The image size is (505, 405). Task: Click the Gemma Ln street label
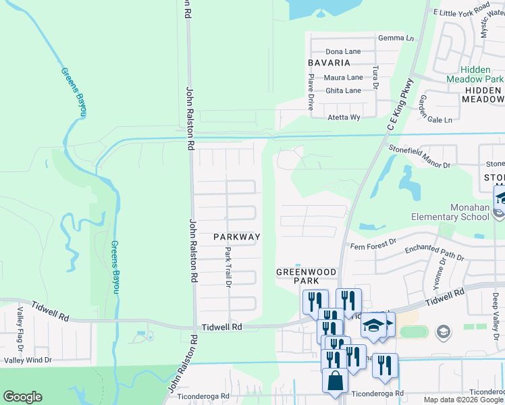tap(396, 38)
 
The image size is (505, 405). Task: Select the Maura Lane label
tap(343, 78)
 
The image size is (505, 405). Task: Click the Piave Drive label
tap(311, 92)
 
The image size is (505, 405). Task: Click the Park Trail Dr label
tap(228, 265)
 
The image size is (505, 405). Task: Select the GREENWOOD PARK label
tap(306, 275)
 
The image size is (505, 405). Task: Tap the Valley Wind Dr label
tap(28, 360)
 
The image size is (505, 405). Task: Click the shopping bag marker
tap(336, 382)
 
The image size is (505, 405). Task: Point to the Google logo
tap(22, 397)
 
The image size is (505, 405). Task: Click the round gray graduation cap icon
tap(443, 331)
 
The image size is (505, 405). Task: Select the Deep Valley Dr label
tap(495, 308)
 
